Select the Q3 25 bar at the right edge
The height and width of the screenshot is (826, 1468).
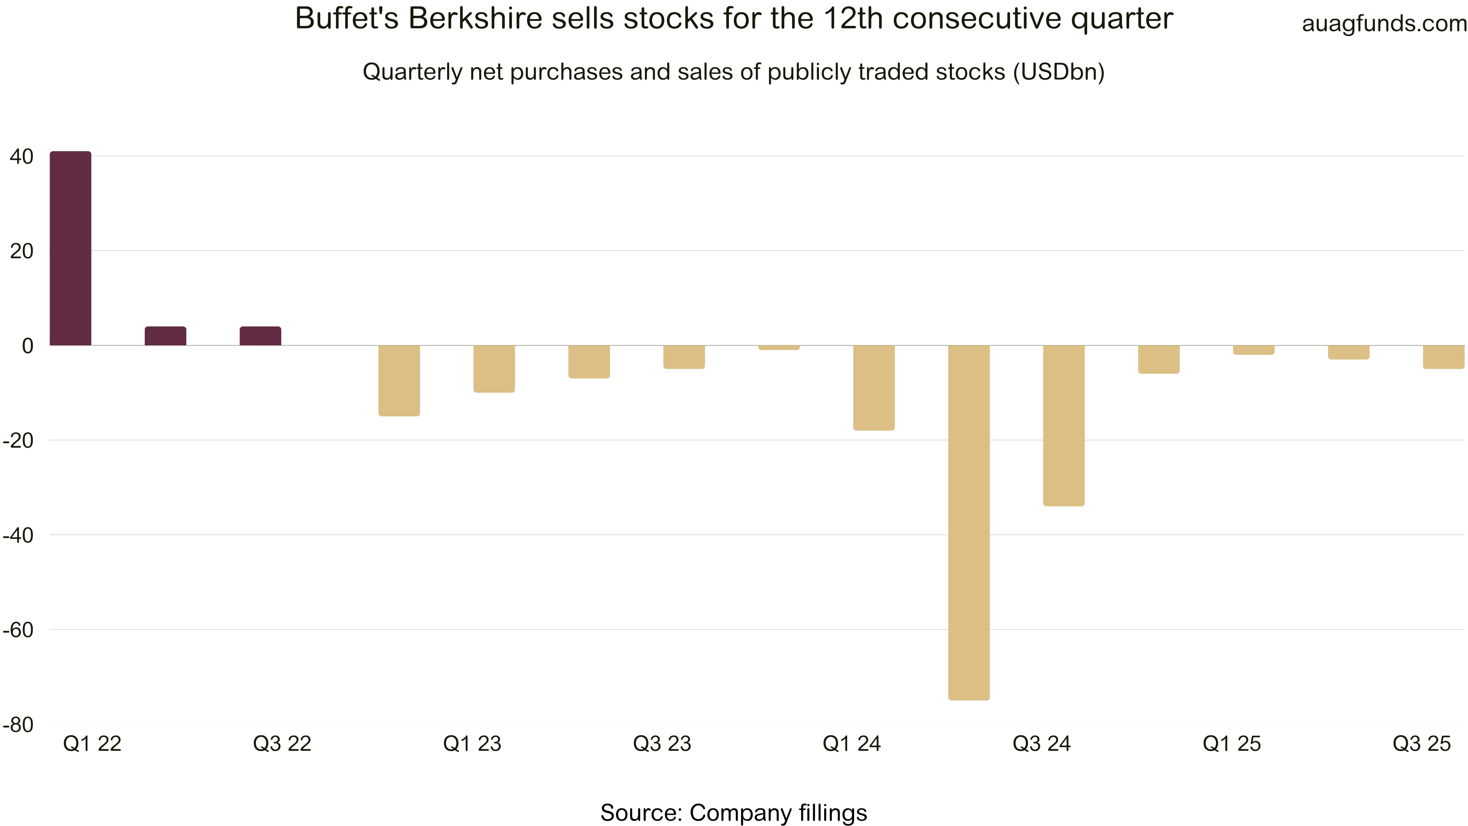tap(1443, 357)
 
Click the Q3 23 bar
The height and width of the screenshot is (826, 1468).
tap(684, 357)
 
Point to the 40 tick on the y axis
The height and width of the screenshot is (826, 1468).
tap(22, 156)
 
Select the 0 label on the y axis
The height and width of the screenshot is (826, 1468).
tap(27, 345)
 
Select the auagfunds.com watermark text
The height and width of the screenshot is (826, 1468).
tap(1384, 23)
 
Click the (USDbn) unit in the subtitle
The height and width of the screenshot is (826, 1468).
tap(1059, 72)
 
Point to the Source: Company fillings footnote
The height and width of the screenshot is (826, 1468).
tap(733, 812)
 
